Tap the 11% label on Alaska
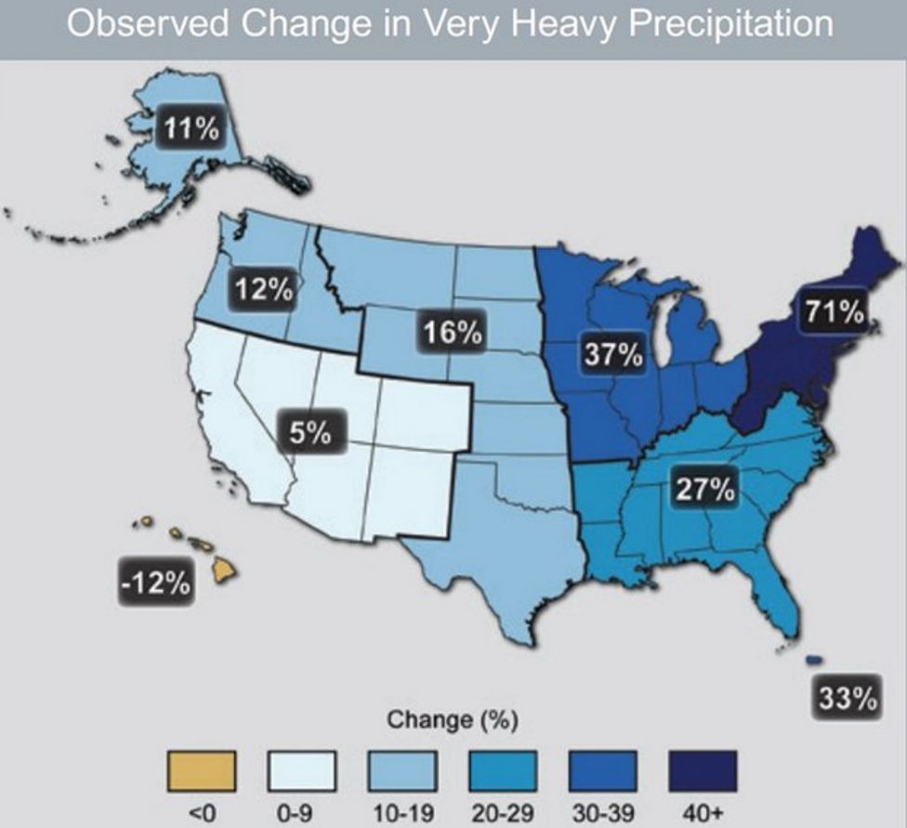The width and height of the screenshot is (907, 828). [192, 128]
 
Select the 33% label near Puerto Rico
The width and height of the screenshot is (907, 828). [848, 698]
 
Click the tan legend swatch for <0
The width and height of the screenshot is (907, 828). [201, 769]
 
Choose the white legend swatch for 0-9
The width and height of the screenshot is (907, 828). [301, 769]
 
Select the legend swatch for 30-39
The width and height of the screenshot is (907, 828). [602, 769]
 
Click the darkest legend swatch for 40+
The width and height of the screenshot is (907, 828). [703, 769]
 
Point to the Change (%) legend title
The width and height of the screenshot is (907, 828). [452, 719]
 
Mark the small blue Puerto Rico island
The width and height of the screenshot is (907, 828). [813, 659]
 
